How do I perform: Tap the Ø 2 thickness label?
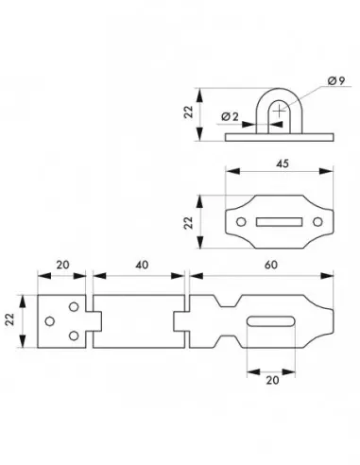(229, 116)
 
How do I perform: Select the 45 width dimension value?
(282, 164)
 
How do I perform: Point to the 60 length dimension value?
(272, 267)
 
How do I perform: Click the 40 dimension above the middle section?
(141, 267)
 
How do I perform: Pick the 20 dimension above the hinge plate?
(62, 267)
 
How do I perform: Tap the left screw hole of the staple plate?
(241, 222)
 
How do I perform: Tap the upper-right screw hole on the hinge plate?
(74, 308)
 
